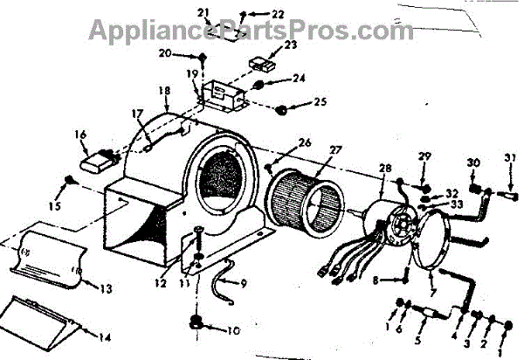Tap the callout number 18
[x=163, y=90]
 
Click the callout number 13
[x=106, y=288]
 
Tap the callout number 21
[x=203, y=12]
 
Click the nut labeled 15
[x=68, y=182]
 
